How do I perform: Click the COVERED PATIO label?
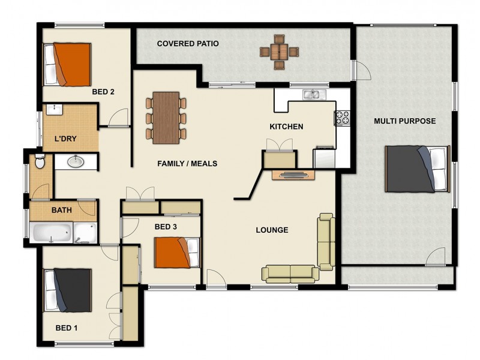click(x=188, y=43)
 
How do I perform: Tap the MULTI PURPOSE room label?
click(x=404, y=121)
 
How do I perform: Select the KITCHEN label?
click(x=286, y=127)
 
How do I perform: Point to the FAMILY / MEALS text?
click(x=187, y=163)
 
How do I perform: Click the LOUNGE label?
click(x=272, y=230)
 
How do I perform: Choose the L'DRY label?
click(x=65, y=139)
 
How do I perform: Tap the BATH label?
click(x=62, y=210)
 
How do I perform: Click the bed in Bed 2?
click(x=67, y=65)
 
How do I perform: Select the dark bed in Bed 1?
click(x=67, y=290)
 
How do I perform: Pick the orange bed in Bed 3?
click(x=177, y=253)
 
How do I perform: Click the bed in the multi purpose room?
click(x=417, y=169)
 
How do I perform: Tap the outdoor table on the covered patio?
click(x=279, y=52)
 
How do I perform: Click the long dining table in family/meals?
click(x=166, y=118)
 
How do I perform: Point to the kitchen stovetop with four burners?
click(x=343, y=118)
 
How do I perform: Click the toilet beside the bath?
click(x=40, y=161)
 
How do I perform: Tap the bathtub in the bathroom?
click(x=51, y=233)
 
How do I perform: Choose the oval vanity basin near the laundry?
click(x=76, y=161)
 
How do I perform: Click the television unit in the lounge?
click(x=293, y=175)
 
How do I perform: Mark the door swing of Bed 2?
click(x=118, y=117)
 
